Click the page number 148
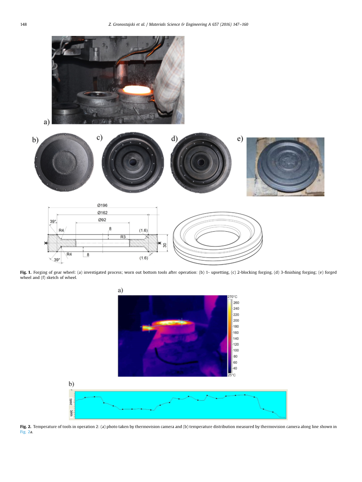[23, 24]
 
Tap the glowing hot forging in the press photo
[136, 89]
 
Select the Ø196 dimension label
[102, 205]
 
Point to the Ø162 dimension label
[103, 212]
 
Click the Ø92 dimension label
[102, 220]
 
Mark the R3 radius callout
[123, 237]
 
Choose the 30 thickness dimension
[165, 245]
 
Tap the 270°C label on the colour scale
[232, 297]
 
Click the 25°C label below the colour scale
[232, 375]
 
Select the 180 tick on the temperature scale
[236, 327]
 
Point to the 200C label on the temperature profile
[71, 402]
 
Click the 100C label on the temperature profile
[71, 413]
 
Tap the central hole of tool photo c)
[133, 162]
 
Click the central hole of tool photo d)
[201, 162]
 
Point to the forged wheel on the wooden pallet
[288, 166]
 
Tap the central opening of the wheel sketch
[218, 239]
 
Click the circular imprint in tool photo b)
[65, 162]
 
